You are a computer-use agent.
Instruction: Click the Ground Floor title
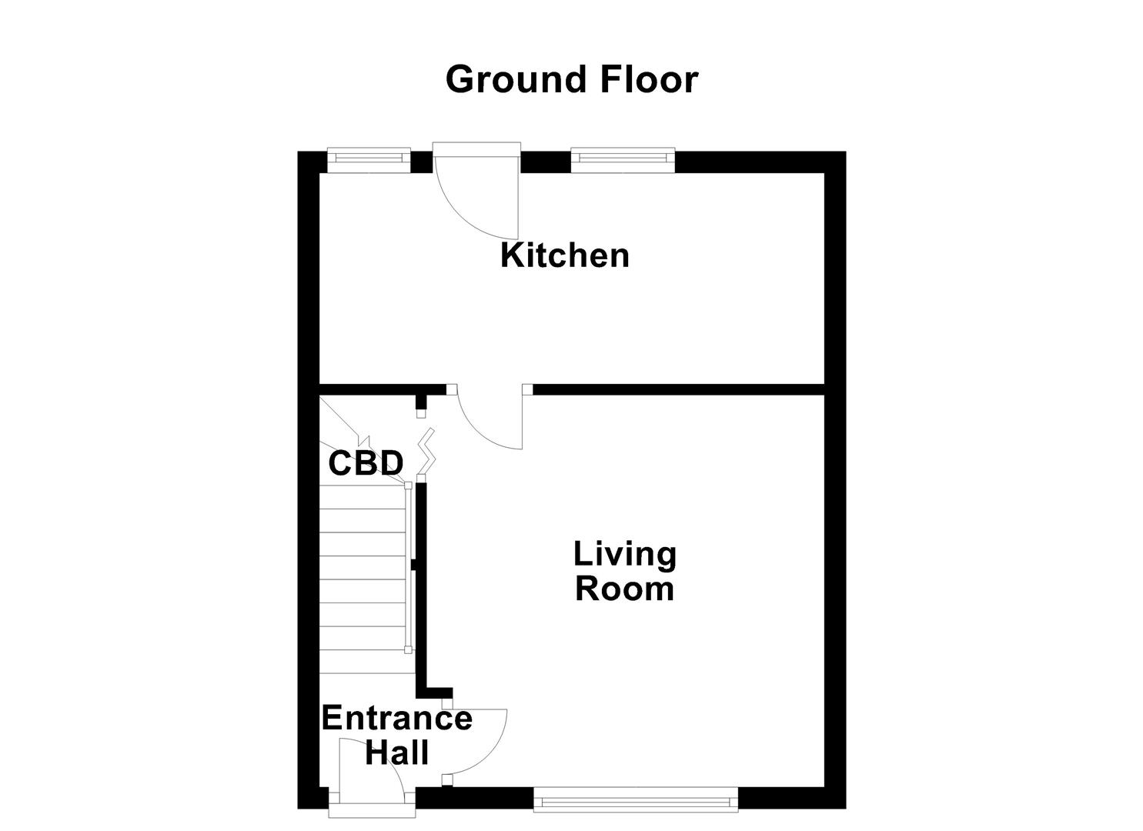click(x=571, y=79)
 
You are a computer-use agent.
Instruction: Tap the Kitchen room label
click(x=565, y=255)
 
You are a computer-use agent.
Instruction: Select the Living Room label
click(x=625, y=571)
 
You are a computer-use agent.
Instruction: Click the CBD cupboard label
click(x=366, y=463)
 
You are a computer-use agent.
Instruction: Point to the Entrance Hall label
click(x=396, y=735)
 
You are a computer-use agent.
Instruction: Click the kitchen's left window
click(x=369, y=159)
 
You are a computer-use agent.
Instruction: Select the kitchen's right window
click(x=623, y=159)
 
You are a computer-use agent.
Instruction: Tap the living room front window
click(x=636, y=800)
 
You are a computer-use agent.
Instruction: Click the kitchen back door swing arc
click(x=470, y=208)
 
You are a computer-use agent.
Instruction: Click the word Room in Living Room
click(x=625, y=589)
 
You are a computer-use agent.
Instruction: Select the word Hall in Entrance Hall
click(x=396, y=752)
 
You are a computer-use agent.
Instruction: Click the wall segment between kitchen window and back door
click(x=421, y=162)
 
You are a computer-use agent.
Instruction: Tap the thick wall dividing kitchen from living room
click(x=677, y=389)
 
